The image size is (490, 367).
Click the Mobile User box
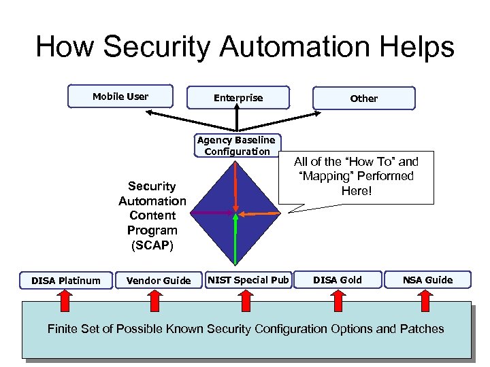coord(120,97)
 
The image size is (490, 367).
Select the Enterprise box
coord(238,98)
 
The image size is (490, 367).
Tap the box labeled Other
coord(363,99)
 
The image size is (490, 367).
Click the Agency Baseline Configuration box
coord(236,145)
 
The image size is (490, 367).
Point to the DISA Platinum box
coord(66,280)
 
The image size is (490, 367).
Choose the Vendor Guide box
coord(159,280)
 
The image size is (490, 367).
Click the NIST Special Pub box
coord(248,279)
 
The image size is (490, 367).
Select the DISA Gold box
coord(338,279)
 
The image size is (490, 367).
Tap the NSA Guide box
coord(427,279)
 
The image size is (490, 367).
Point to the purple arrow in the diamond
coord(211,213)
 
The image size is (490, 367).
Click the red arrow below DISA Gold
coord(337,297)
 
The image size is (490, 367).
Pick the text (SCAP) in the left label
coord(152,245)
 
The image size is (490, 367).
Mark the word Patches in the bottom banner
coord(421,329)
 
